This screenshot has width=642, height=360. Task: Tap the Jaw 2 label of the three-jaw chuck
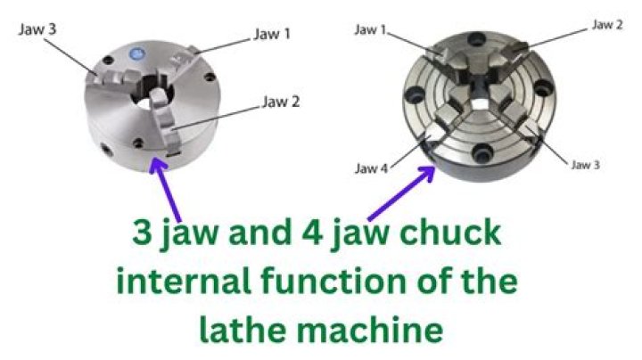pos(280,101)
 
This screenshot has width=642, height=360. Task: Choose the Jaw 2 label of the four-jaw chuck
pos(607,24)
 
